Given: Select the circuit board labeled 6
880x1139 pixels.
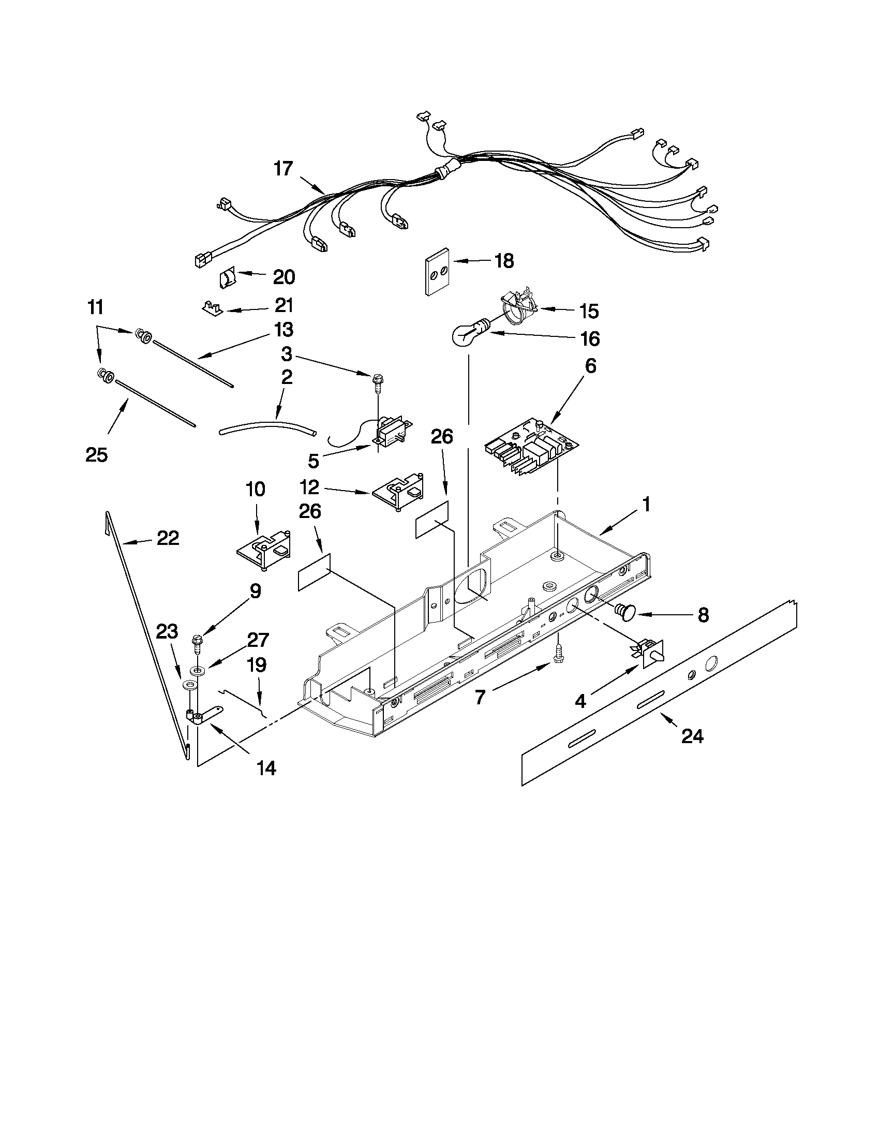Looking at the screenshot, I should click(x=532, y=448).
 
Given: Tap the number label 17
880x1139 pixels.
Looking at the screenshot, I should click(x=284, y=169).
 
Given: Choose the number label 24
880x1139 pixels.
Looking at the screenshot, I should click(x=692, y=736).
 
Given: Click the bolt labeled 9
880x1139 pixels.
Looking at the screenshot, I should click(x=197, y=643).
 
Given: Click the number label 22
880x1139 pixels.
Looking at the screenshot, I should click(x=168, y=538).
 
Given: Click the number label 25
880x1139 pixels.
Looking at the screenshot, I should click(x=97, y=455).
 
